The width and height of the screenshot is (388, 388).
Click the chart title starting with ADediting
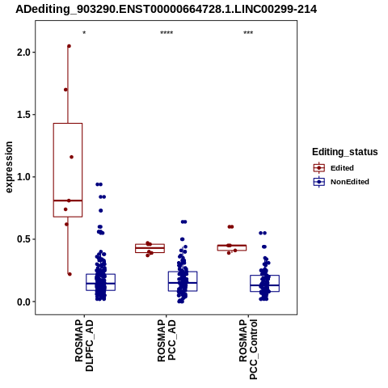166,9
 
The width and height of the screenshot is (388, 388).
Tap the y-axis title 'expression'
9,167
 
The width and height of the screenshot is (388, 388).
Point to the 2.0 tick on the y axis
24,53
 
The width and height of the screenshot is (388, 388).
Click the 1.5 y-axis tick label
24,115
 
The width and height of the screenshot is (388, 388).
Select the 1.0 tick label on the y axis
24,177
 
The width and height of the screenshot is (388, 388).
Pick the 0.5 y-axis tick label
24,239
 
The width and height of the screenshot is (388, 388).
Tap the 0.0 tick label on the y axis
24,302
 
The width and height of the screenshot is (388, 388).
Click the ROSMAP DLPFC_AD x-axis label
84,345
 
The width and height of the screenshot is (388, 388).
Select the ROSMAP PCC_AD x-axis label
167,340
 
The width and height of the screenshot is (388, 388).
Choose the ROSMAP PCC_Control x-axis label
248,349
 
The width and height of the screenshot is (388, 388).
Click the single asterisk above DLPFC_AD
84,33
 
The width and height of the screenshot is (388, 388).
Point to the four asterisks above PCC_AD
167,33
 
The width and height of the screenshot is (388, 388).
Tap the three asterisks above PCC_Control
248,33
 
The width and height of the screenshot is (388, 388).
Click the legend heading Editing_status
345,152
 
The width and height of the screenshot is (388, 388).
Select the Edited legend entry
334,168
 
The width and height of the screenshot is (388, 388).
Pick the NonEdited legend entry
341,182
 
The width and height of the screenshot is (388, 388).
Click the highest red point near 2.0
69,46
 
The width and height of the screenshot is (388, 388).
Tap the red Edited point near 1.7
65,90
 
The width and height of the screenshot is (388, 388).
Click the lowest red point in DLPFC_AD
70,274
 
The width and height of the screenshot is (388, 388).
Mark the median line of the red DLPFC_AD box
68,200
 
